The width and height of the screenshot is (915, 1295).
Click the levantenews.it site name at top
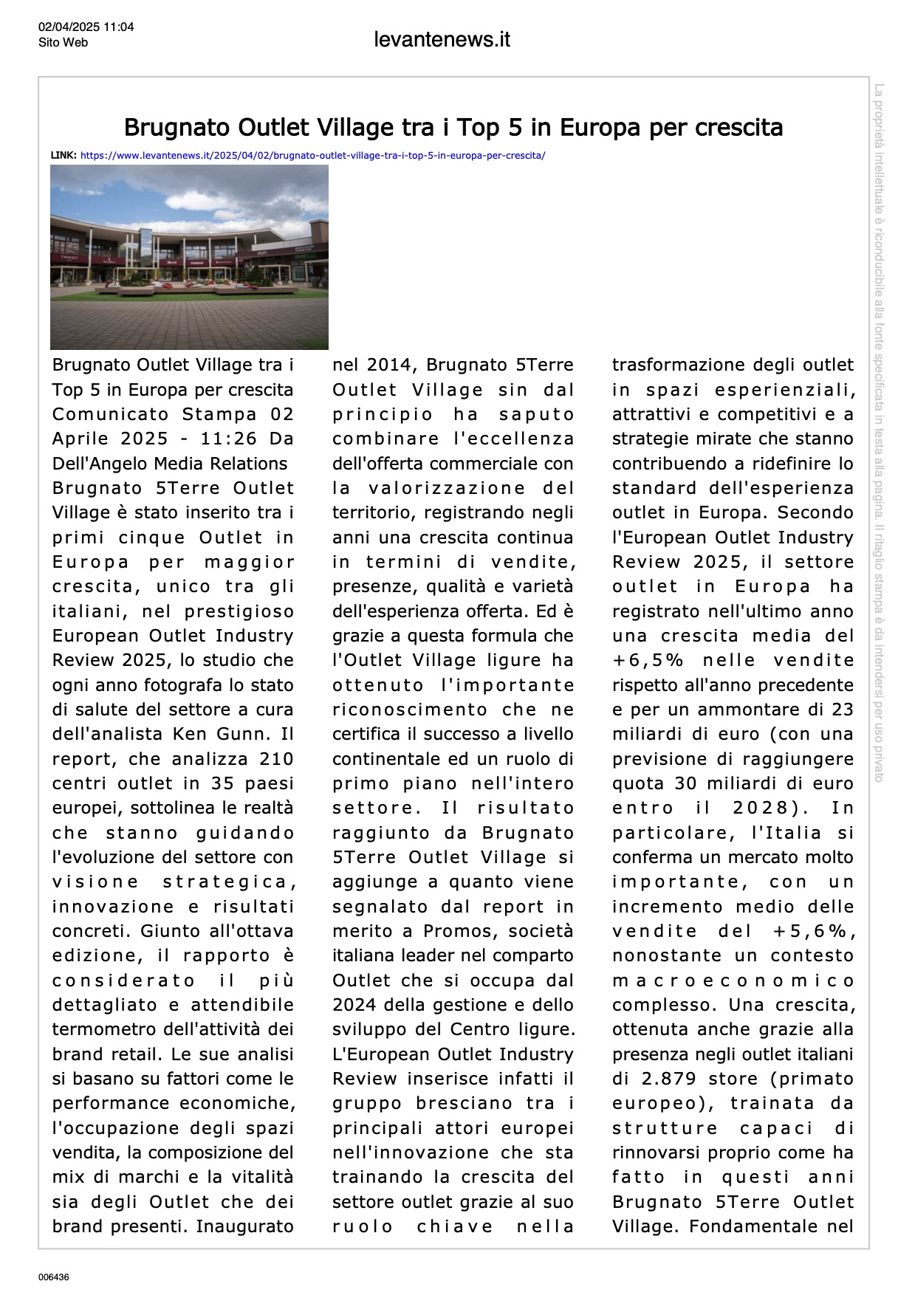click(x=442, y=39)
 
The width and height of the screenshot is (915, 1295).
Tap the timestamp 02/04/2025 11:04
click(x=86, y=27)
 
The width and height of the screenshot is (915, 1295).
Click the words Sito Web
click(x=63, y=43)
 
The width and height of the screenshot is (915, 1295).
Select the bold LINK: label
click(x=64, y=156)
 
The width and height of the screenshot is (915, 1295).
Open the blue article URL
click(x=312, y=156)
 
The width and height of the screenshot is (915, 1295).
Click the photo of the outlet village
click(x=189, y=257)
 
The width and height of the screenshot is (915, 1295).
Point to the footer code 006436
click(x=54, y=1277)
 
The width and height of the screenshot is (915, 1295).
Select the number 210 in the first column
click(x=276, y=758)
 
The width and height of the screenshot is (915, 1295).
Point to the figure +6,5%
click(x=648, y=660)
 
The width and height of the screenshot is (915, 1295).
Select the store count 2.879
click(x=668, y=1079)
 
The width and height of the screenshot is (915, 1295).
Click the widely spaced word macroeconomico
click(x=733, y=980)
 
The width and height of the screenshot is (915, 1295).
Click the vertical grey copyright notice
click(x=879, y=432)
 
